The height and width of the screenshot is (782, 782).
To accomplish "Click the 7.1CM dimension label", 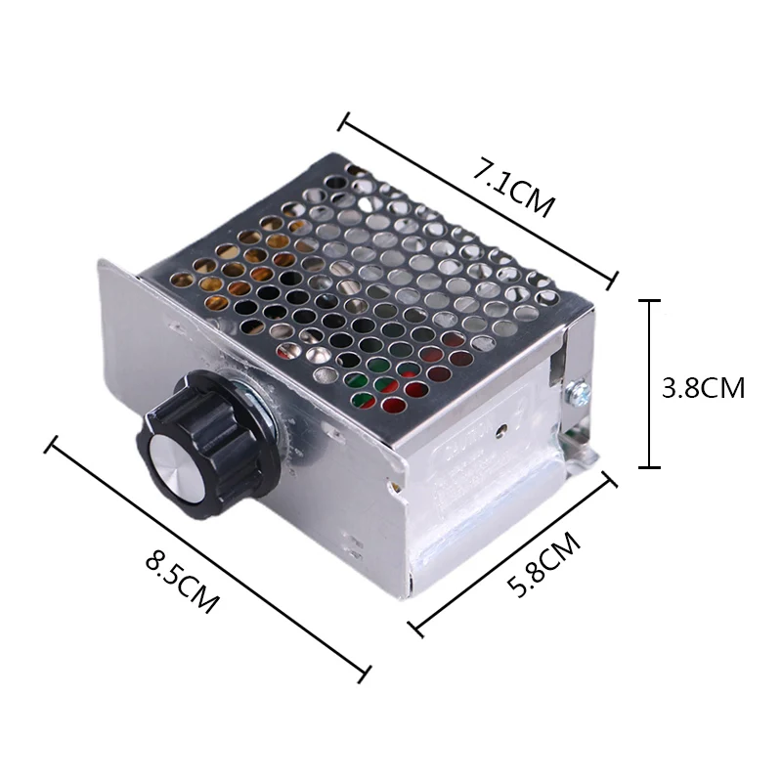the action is click(514, 188).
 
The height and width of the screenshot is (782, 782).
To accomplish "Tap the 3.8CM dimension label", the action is click(703, 387).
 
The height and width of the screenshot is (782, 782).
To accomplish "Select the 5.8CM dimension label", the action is click(543, 565).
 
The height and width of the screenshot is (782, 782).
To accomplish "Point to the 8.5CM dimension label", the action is click(182, 582).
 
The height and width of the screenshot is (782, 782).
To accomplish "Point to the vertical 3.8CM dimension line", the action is click(649, 384).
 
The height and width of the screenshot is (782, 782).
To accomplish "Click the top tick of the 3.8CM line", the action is click(649, 301).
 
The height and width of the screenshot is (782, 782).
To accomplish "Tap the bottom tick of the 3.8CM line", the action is click(649, 467).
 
